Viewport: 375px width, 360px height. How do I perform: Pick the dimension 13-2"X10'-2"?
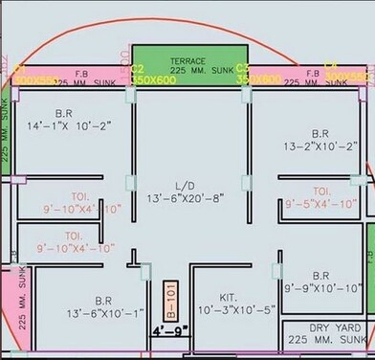pyautogui.click(x=320, y=146)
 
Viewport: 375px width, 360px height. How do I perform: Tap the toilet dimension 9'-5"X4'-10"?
pyautogui.click(x=322, y=203)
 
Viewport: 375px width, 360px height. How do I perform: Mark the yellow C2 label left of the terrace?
pyautogui.click(x=137, y=69)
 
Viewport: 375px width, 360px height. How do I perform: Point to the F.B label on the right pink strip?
pyautogui.click(x=311, y=72)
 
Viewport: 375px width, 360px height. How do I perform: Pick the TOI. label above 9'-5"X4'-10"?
pyautogui.click(x=321, y=190)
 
